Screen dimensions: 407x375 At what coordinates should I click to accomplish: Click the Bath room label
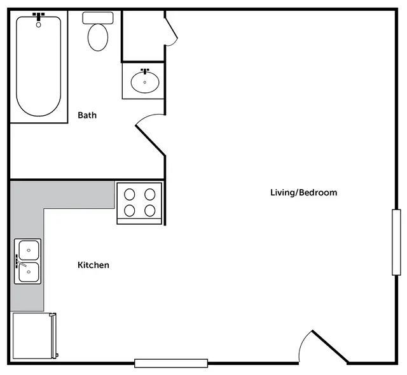(87, 115)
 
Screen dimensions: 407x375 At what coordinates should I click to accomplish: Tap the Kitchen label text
(93, 265)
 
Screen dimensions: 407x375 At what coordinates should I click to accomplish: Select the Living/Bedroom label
(304, 192)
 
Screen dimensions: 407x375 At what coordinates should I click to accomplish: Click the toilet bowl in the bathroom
(98, 37)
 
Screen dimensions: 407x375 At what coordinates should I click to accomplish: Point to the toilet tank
(98, 18)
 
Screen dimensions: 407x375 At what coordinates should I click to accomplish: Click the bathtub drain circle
(38, 25)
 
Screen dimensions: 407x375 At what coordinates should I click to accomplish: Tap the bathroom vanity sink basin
(145, 82)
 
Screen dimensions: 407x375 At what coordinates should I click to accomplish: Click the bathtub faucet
(38, 16)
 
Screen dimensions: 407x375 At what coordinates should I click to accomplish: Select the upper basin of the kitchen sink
(29, 250)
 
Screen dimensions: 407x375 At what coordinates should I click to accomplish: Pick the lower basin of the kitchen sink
(29, 272)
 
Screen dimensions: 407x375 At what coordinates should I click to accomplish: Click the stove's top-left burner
(130, 194)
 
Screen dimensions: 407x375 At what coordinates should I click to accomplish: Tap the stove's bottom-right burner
(150, 211)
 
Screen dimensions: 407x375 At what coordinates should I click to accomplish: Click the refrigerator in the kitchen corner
(34, 336)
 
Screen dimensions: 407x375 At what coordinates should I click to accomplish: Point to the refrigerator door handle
(54, 336)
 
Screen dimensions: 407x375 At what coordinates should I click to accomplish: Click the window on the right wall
(396, 242)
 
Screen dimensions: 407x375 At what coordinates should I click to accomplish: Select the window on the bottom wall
(171, 363)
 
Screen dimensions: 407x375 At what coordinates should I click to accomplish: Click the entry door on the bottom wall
(330, 346)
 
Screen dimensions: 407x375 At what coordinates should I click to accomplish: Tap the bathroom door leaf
(150, 141)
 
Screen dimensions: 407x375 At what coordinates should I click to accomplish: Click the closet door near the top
(171, 28)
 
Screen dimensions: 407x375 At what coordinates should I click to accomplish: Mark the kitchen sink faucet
(20, 262)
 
